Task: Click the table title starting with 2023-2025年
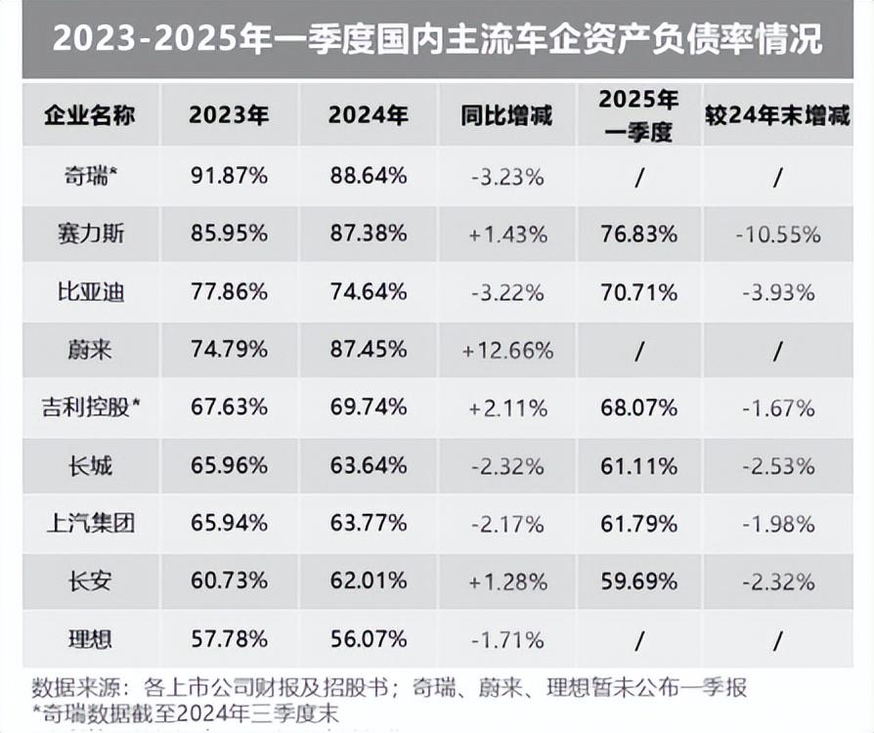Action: pos(437,40)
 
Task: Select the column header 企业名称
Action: pos(89,114)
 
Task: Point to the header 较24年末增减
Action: pos(777,114)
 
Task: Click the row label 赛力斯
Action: pos(91,234)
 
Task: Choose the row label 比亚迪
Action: pos(91,291)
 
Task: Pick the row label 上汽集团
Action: pos(91,523)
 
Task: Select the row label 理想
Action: pos(91,639)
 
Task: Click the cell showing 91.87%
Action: pos(229,176)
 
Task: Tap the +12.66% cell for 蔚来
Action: pos(508,349)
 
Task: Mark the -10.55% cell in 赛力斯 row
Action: pos(778,234)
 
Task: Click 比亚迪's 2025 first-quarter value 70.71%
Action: pos(639,291)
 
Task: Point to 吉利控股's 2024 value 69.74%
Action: pos(368,408)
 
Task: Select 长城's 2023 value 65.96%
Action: pos(229,465)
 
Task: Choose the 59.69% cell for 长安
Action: pos(639,581)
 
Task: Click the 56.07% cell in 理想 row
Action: pos(368,639)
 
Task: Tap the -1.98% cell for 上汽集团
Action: pos(778,523)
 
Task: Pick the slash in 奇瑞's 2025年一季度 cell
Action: pos(639,177)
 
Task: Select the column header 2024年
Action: pos(368,114)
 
